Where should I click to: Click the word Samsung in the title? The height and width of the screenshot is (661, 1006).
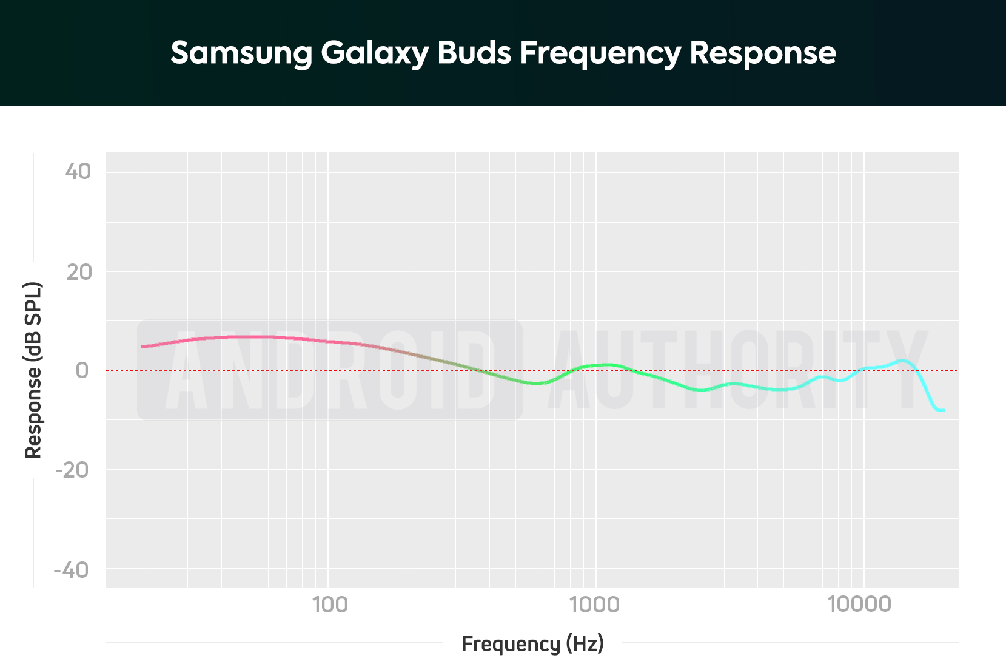241,53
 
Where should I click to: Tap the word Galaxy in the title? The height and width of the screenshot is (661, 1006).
375,53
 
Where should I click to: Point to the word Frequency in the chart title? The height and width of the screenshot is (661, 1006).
600,53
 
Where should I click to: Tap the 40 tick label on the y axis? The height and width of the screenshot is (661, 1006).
78,172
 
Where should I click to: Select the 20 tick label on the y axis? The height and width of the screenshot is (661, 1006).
79,272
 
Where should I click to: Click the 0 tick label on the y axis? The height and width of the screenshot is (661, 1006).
82,370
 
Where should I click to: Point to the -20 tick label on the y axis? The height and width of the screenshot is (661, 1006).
72,470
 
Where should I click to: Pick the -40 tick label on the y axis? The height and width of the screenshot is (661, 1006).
72,570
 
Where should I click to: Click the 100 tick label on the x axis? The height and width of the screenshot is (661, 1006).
329,605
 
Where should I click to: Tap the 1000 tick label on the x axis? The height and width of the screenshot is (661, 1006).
595,605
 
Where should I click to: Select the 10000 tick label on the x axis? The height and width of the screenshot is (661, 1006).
860,605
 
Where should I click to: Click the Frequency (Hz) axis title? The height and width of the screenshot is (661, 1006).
532,643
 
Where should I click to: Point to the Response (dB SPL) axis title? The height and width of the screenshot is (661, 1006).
33,370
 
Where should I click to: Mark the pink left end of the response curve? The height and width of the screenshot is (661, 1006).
143,347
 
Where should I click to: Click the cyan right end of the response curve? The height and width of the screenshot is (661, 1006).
943,410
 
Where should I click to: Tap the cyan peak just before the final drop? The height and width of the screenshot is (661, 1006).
904,361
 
